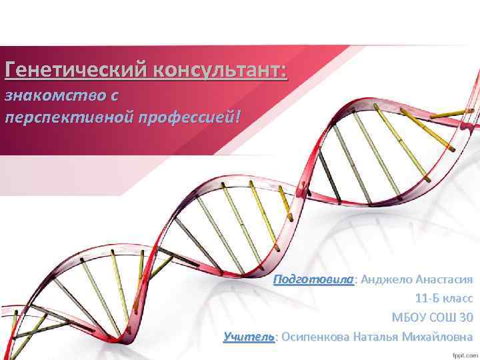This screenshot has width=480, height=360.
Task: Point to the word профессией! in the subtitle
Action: [x=187, y=117]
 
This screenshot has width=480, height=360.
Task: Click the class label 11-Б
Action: [x=427, y=298]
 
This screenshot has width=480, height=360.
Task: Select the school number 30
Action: [x=466, y=317]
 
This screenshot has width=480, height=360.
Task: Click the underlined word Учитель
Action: [x=249, y=337]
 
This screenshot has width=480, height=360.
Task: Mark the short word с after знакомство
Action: [x=115, y=95]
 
